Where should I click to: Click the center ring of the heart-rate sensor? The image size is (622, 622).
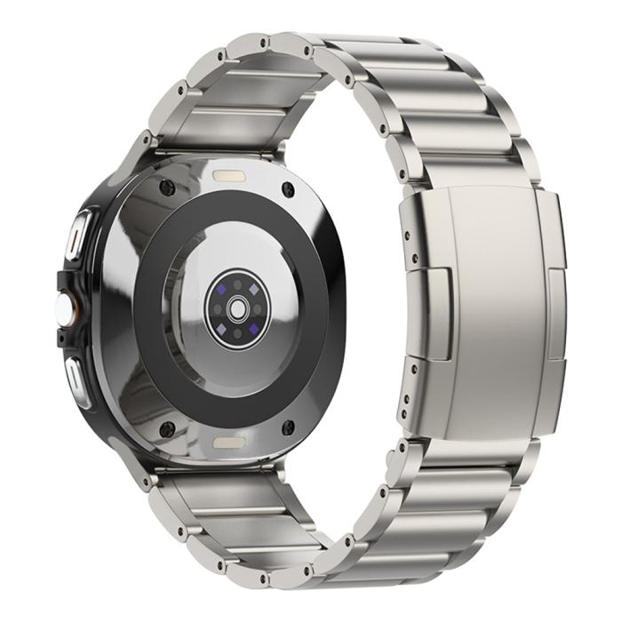coord(237,307)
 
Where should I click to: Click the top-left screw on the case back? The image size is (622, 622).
coord(165,187)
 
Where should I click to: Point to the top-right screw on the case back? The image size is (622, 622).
coord(288,188)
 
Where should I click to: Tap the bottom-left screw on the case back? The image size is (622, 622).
coord(165,430)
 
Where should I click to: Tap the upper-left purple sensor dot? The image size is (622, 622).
coord(221,290)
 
